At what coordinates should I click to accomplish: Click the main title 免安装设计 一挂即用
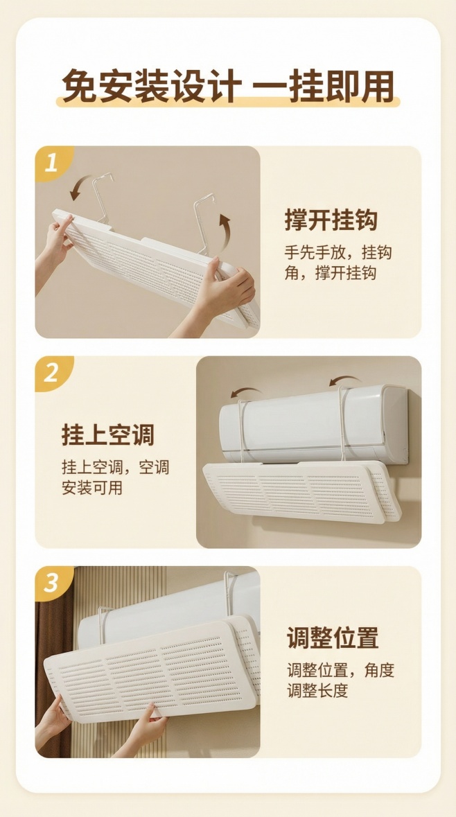click(x=228, y=87)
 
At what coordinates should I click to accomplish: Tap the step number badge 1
click(x=52, y=163)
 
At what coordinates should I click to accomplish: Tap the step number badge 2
click(x=52, y=374)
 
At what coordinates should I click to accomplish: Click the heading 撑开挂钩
click(x=331, y=221)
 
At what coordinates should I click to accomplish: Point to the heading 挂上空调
click(x=107, y=435)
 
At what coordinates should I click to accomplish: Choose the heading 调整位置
click(x=333, y=638)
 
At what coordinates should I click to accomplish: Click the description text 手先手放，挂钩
click(x=337, y=252)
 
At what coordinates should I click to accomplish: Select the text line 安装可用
click(x=92, y=487)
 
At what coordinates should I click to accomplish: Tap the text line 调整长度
click(x=317, y=690)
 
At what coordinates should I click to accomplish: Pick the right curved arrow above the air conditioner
click(x=345, y=382)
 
